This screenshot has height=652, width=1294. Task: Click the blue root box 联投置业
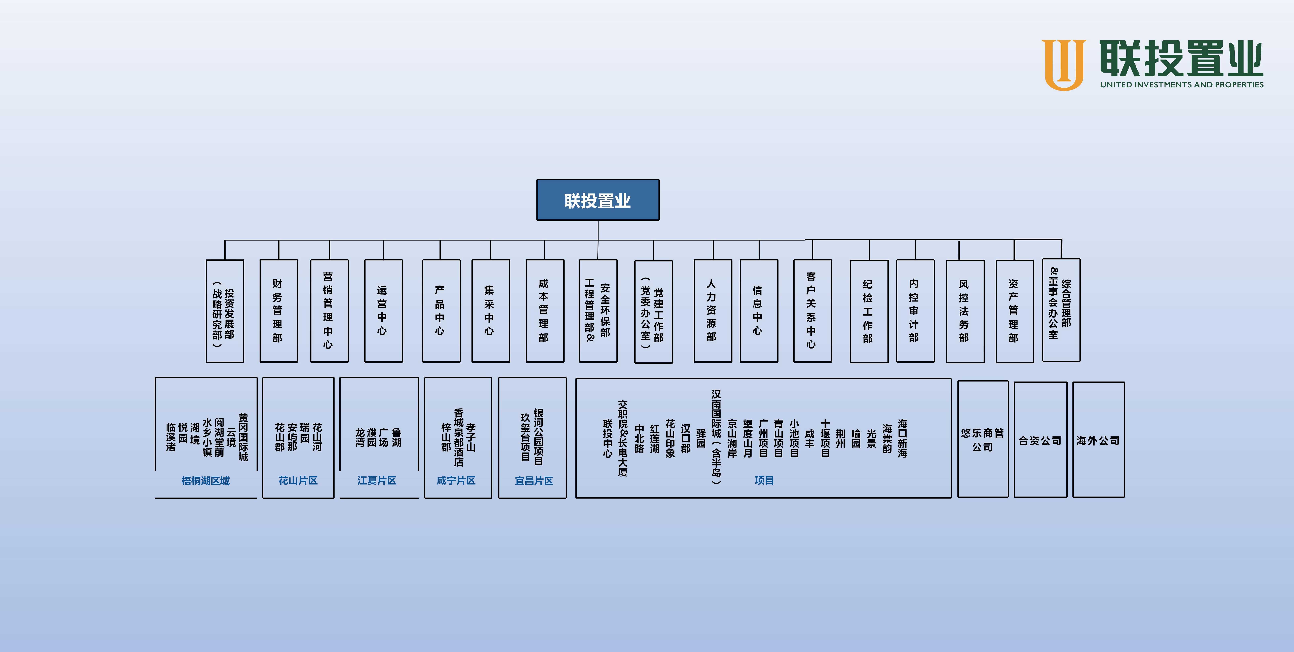pos(598,200)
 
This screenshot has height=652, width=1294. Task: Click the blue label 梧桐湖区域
pos(205,481)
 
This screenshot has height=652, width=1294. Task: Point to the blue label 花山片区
pos(298,481)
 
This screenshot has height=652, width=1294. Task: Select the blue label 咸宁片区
pos(456,481)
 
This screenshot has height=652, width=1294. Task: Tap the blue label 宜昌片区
pos(533,481)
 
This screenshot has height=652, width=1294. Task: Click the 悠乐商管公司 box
pos(983,439)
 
